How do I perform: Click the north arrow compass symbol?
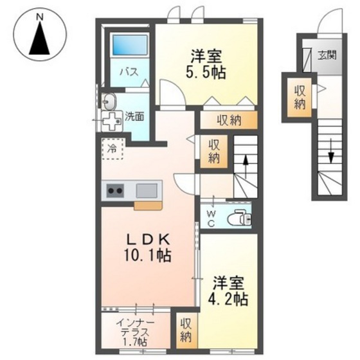[40, 39]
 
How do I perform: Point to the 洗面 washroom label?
[134, 117]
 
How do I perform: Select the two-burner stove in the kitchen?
[116, 190]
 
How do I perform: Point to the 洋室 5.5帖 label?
[207, 64]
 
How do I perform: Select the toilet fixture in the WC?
[240, 217]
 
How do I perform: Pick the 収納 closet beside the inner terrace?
[186, 330]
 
